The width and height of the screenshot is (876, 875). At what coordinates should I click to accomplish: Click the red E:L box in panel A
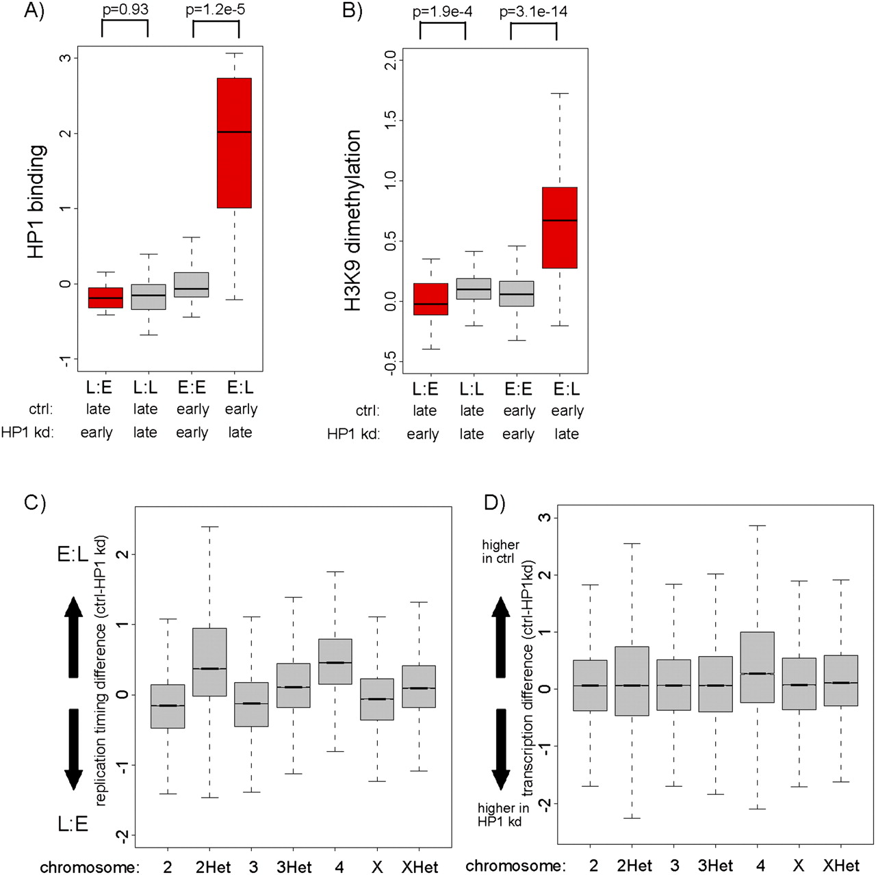click(234, 142)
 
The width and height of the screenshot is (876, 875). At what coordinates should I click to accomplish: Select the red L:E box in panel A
click(105, 298)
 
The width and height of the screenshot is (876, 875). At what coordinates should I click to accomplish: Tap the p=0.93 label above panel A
click(125, 10)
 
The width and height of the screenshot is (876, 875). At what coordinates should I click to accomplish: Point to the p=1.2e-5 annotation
click(216, 10)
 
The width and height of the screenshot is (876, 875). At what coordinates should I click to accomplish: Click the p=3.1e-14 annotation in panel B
click(533, 12)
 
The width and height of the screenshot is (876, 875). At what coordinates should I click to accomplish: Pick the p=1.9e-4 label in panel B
click(442, 12)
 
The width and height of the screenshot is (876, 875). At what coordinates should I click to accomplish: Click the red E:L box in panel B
click(560, 227)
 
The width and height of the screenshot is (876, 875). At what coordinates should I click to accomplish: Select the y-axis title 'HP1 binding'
click(36, 201)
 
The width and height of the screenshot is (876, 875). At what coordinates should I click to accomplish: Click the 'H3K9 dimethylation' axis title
click(352, 220)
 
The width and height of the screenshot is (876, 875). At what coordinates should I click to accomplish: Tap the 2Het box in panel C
click(209, 662)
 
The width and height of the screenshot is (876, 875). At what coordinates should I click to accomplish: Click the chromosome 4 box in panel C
click(335, 662)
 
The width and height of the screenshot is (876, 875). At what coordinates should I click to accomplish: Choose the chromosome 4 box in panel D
click(758, 667)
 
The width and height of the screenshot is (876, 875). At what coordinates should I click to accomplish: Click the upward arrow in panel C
click(73, 637)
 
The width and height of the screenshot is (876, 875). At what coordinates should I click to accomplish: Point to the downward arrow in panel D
click(501, 749)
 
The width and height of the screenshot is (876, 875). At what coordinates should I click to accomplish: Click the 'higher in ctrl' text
click(500, 551)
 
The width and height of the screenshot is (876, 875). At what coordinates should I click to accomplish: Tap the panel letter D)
click(494, 503)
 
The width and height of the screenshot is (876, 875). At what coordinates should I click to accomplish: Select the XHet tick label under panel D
click(841, 865)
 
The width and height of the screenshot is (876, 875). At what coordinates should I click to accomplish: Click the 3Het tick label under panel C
click(294, 867)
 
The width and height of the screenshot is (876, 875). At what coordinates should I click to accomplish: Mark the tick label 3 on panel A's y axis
click(65, 57)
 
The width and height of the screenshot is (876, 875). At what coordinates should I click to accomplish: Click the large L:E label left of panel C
click(73, 824)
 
